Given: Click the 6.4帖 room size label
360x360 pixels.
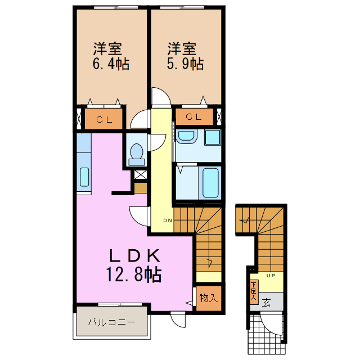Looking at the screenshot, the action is tap(111, 64).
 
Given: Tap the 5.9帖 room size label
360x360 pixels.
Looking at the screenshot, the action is tap(185, 64).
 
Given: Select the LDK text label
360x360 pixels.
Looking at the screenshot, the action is tap(134, 256).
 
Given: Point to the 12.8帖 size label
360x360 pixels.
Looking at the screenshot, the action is tap(134, 274).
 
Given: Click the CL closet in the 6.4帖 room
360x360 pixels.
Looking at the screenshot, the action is tap(103, 119).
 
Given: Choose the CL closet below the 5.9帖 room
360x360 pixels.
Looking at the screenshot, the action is tap(194, 117).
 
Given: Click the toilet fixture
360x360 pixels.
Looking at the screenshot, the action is tap(137, 154).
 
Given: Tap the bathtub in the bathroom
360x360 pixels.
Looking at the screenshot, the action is tap(210, 183).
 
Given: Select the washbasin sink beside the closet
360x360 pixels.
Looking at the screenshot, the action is tap(186, 137).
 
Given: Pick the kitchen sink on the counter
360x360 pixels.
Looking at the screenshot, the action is tap(84, 177).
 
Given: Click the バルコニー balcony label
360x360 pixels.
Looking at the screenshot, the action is tap(112, 322).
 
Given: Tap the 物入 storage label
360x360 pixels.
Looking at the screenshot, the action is tap(209, 298).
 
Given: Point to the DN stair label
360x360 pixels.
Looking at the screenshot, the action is tap(168, 220).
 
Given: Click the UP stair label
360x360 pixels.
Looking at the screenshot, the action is tap(271, 276).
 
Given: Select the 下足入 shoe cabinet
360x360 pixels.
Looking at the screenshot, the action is tap(254, 292).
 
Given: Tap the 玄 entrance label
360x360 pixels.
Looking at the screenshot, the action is tap(266, 303).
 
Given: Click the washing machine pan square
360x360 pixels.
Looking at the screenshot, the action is tap(213, 137).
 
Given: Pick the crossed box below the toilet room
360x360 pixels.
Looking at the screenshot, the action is tap(141, 175).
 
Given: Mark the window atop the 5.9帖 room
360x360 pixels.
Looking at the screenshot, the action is tap(182, 7).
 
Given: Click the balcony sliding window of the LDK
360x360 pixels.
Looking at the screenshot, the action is tap(120, 304).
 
